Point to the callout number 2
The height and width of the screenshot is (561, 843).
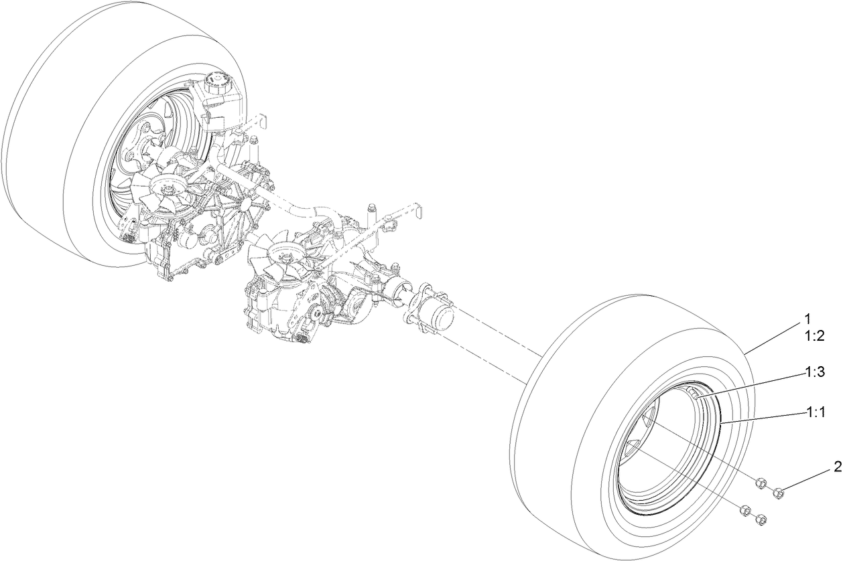(837, 467)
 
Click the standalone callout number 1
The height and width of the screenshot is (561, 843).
(807, 318)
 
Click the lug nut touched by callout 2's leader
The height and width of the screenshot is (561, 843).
(779, 493)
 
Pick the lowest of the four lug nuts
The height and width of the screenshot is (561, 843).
(761, 519)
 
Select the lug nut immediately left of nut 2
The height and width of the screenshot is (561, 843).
(761, 483)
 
